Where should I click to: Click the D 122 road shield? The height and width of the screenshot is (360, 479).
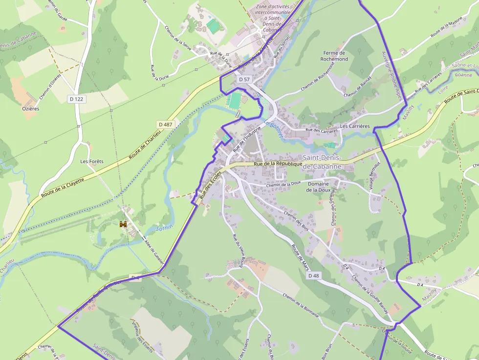point(76,99)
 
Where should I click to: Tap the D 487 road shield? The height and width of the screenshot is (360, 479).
point(165,125)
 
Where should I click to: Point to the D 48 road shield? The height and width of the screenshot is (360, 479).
point(313,276)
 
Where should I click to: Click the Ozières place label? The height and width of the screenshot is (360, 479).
point(30,109)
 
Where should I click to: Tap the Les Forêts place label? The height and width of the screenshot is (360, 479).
point(92,161)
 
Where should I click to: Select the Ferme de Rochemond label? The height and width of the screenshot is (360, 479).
point(334,56)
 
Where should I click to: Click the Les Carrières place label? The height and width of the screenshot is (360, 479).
point(355,126)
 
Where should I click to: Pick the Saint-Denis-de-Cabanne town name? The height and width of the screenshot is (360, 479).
point(322,162)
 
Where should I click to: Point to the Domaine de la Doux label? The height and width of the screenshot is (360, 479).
point(318,187)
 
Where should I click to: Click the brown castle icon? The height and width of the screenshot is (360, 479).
point(123,224)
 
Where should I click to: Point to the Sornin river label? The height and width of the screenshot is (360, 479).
point(164,229)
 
